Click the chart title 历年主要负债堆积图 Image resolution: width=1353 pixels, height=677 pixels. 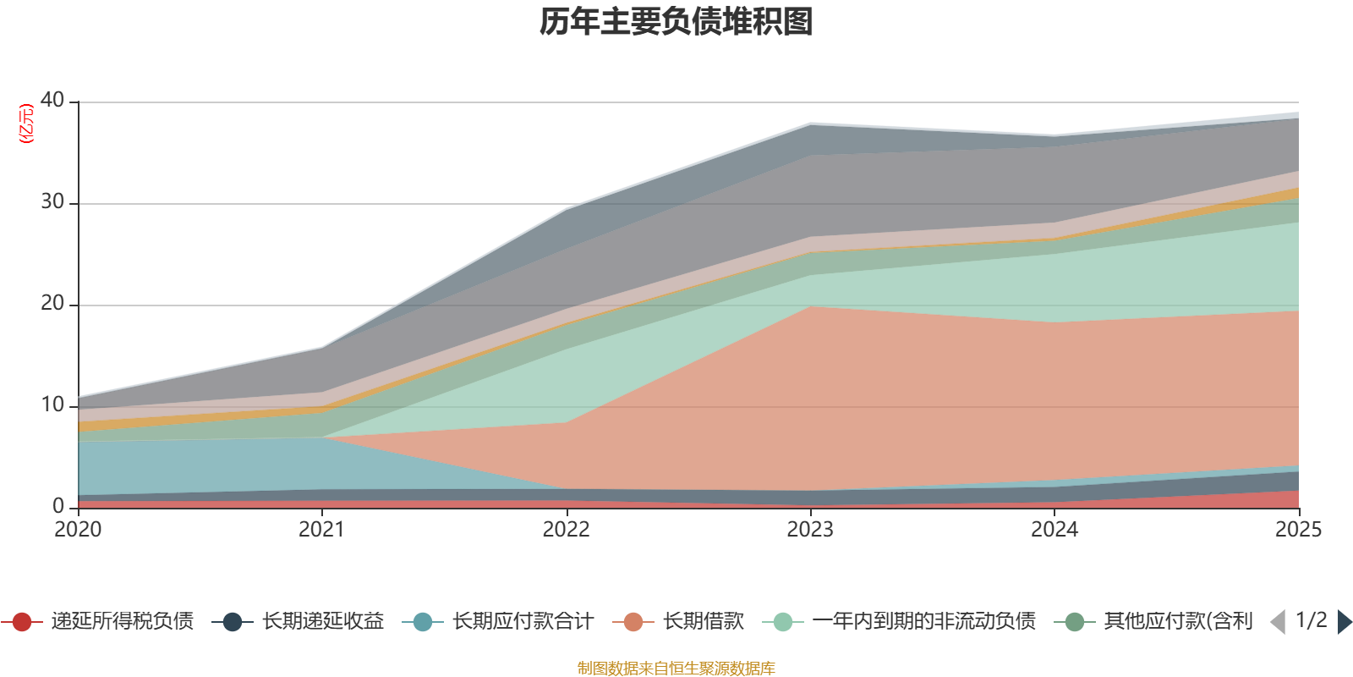pyautogui.click(x=676, y=22)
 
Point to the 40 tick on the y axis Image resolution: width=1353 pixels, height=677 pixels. pyautogui.click(x=52, y=100)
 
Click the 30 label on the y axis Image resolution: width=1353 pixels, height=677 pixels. pyautogui.click(x=52, y=201)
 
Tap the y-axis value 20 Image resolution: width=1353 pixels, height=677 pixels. pyautogui.click(x=52, y=303)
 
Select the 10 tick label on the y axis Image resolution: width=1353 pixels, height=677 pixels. pyautogui.click(x=52, y=405)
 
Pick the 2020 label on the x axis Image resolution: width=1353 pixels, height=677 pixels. pyautogui.click(x=78, y=530)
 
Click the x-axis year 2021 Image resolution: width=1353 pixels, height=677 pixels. pyautogui.click(x=322, y=530)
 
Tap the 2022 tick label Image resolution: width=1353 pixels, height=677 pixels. pyautogui.click(x=566, y=530)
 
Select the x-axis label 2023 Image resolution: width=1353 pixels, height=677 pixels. pyautogui.click(x=810, y=530)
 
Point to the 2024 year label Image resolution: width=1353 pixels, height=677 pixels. pyautogui.click(x=1054, y=530)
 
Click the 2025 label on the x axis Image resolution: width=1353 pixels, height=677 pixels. pyautogui.click(x=1299, y=530)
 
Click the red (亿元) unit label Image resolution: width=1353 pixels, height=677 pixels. pyautogui.click(x=26, y=124)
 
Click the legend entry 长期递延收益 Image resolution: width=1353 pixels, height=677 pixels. pyautogui.click(x=299, y=621)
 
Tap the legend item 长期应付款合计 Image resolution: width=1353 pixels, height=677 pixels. pyautogui.click(x=498, y=621)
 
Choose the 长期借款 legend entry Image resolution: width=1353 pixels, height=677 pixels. pyautogui.click(x=678, y=621)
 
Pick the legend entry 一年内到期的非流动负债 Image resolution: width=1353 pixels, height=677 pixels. pyautogui.click(x=900, y=621)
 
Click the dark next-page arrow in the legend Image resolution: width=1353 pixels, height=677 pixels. pyautogui.click(x=1345, y=622)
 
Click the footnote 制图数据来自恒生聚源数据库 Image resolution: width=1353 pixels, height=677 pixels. pyautogui.click(x=676, y=668)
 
